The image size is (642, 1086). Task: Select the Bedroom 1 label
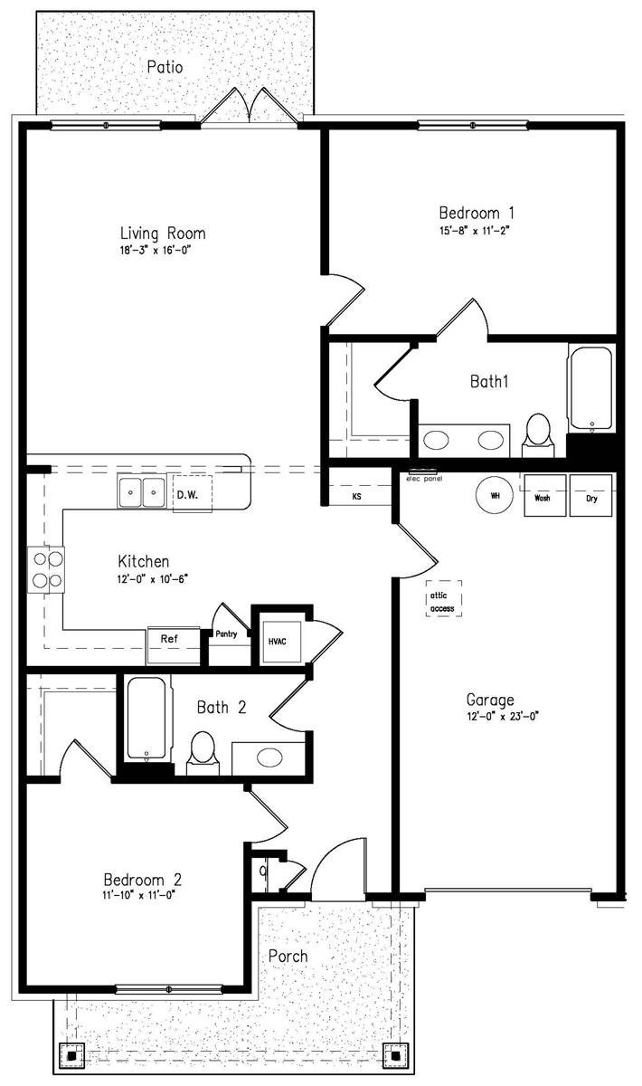[477, 213]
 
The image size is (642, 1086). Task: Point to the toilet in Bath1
[539, 431]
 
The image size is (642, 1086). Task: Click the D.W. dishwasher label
[187, 495]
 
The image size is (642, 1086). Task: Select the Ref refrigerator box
[169, 638]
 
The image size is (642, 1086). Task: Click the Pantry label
[226, 634]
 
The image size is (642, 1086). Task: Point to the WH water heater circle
[496, 495]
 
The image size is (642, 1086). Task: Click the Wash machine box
[544, 497]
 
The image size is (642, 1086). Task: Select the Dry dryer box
[590, 497]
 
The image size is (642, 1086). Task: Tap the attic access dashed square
[442, 597]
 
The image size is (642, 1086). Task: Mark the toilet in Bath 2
[202, 753]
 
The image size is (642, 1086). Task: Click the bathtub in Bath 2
[146, 720]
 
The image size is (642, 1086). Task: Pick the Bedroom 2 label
[143, 880]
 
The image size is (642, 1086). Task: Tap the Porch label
[288, 956]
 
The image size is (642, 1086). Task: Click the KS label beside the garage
[356, 497]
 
